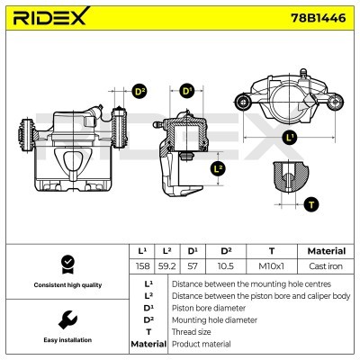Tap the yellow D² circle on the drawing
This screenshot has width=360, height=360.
pyautogui.click(x=139, y=92)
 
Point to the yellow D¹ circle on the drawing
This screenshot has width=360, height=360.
pyautogui.click(x=187, y=92)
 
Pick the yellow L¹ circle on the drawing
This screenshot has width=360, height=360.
pyautogui.click(x=288, y=138)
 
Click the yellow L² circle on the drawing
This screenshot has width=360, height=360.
pyautogui.click(x=218, y=168)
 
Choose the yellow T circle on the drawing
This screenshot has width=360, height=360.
pyautogui.click(x=311, y=204)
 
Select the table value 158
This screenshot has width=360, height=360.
pyautogui.click(x=142, y=267)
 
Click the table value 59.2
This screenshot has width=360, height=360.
pyautogui.click(x=165, y=267)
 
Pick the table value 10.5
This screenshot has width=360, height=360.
pyautogui.click(x=226, y=267)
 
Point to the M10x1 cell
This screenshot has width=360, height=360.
pyautogui.click(x=271, y=267)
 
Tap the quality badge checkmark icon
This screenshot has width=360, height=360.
pyautogui.click(x=66, y=264)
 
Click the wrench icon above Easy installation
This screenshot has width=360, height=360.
pyautogui.click(x=66, y=318)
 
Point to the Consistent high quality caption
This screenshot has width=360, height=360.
pyautogui.click(x=66, y=285)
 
